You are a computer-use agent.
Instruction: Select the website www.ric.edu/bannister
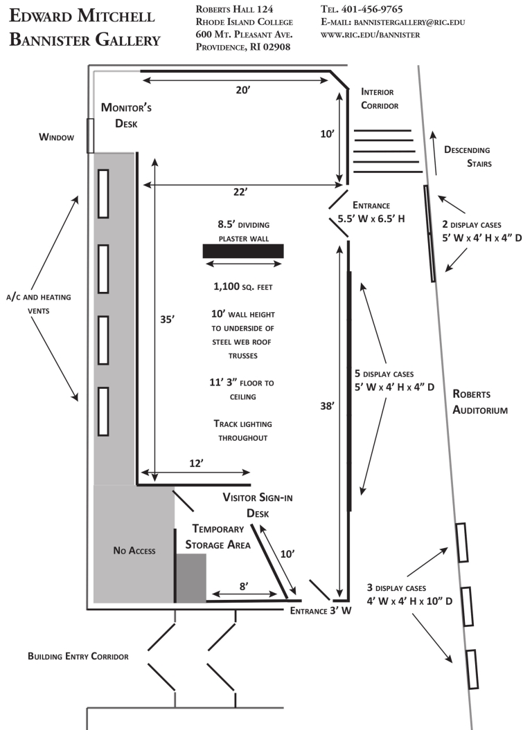[x=370, y=35]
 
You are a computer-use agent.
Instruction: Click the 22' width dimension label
[x=240, y=192]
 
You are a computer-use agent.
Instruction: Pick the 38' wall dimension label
[x=326, y=409]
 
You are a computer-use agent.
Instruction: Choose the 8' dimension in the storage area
[x=243, y=585]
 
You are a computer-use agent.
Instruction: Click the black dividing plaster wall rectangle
[x=243, y=250]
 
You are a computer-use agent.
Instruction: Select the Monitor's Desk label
[x=126, y=116]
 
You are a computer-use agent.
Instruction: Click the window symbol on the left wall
[x=90, y=136]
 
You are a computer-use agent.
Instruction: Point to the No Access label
[x=134, y=551]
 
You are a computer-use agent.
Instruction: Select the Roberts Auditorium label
[x=480, y=401]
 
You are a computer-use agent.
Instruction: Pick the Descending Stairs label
[x=467, y=157]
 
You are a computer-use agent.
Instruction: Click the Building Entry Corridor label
[x=78, y=656]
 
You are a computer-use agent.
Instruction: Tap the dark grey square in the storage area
[x=191, y=578]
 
